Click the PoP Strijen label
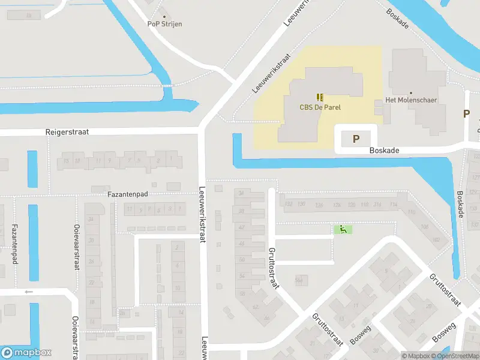point(164,24)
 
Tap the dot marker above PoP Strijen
point(164,16)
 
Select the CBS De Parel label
point(319,108)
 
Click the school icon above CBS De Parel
point(319,97)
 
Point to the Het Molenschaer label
point(411,100)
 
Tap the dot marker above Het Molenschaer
point(411,93)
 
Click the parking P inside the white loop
point(356,139)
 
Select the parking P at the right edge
point(466,113)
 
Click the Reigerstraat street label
point(67,131)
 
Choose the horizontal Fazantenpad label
point(127,194)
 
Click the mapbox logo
point(26,353)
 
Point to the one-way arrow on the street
point(29,292)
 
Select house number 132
point(289,205)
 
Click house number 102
point(435,240)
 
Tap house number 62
point(254,307)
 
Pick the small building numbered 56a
point(299,280)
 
